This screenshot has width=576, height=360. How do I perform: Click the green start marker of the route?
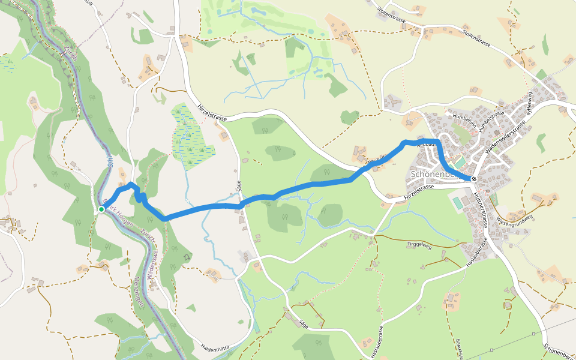coord(102,209)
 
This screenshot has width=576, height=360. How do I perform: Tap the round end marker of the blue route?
coord(474,179)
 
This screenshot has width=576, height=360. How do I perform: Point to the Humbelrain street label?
coord(465,118)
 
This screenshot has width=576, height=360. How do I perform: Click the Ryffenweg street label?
coord(530,103)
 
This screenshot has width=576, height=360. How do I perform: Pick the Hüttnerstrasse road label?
coord(479,209)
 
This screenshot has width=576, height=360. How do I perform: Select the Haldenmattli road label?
coord(215,347)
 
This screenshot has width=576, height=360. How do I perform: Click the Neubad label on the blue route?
coord(425,143)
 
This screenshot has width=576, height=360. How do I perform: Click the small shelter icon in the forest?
coord(187,257)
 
